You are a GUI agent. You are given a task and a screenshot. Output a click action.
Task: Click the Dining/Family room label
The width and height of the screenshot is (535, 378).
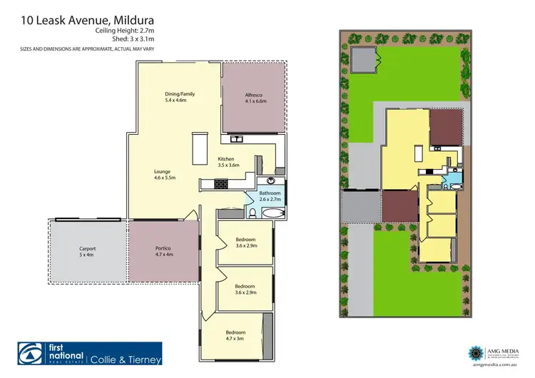click(179, 98)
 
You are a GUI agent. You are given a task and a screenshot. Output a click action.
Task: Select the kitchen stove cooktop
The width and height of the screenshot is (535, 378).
click(222, 184)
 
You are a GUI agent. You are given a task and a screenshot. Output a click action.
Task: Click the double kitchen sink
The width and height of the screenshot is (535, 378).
click(238, 138)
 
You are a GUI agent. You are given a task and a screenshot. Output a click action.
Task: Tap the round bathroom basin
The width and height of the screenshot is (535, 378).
click(272, 181)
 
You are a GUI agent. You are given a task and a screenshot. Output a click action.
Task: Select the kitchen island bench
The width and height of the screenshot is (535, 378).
click(197, 148)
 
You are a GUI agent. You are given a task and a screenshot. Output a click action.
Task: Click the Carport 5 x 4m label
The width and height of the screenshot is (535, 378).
click(87, 251)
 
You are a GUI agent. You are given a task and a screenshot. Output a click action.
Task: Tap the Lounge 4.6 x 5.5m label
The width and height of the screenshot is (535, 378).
click(164, 174)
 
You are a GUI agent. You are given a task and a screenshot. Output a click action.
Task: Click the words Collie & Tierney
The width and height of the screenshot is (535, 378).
click(126, 359)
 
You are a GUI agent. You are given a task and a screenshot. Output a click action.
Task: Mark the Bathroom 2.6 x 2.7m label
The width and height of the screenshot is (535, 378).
click(270, 196)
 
